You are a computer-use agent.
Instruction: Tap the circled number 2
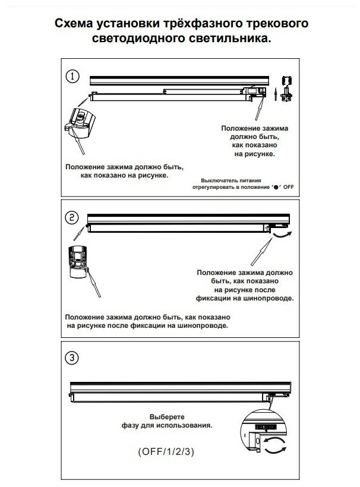[x=72, y=217]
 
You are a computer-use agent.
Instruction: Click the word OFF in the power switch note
[x=289, y=186]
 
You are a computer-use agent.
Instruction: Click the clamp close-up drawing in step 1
[x=77, y=121]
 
